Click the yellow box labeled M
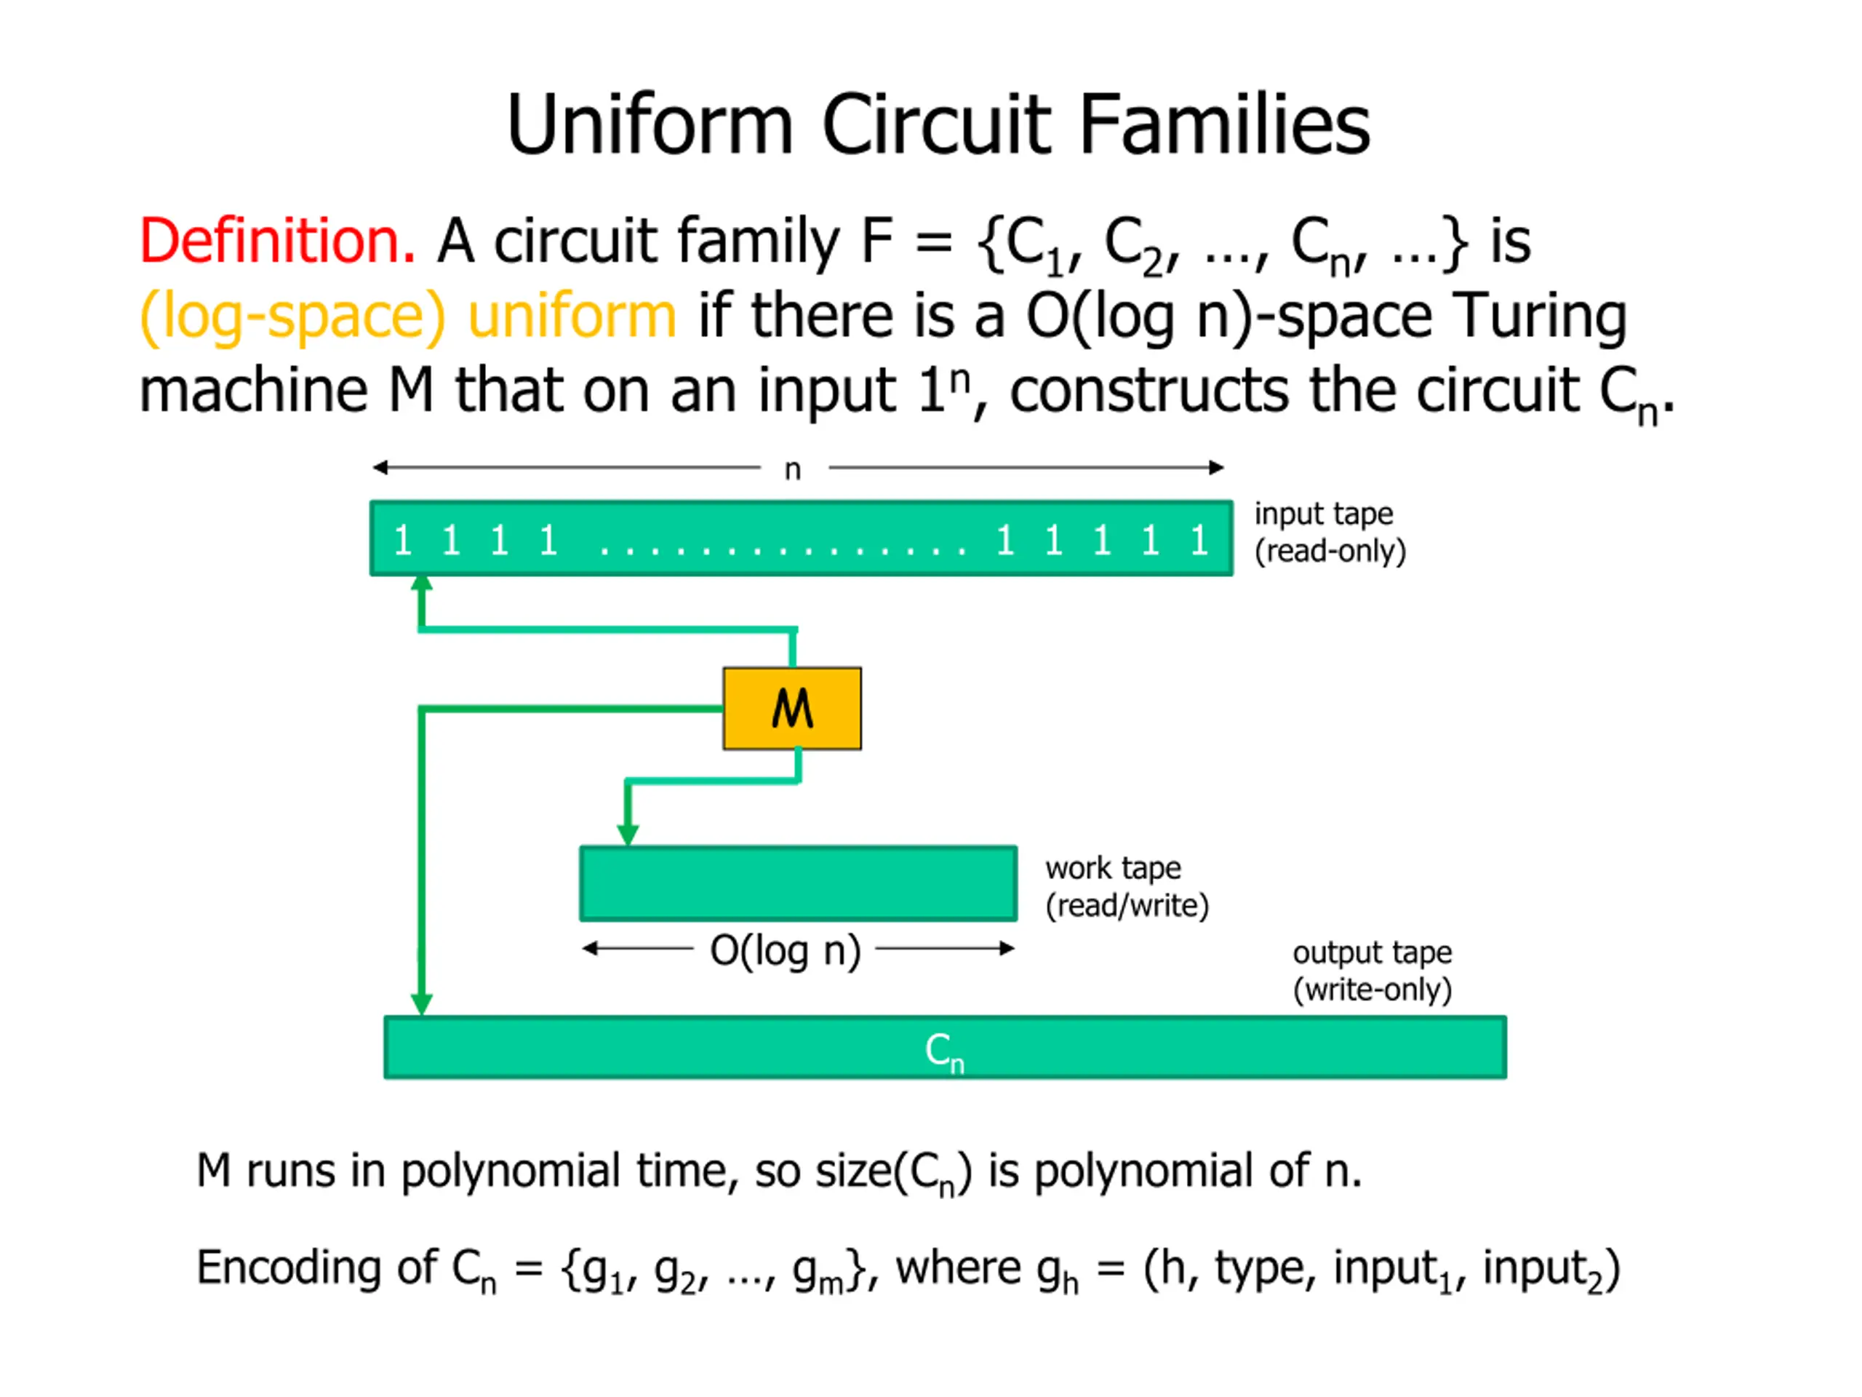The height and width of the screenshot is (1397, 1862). pos(791,708)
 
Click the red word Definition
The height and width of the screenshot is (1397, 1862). pos(276,242)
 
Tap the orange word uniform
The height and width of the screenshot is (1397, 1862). pos(572,317)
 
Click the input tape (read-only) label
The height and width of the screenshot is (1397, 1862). pos(1329,532)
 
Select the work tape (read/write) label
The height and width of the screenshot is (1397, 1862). pos(1126,887)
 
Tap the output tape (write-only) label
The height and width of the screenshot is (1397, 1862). pos(1372,971)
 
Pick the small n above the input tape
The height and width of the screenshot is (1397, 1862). pos(792,469)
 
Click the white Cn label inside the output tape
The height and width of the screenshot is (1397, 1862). pos(943,1051)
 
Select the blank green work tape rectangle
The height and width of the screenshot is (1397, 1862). pos(798,883)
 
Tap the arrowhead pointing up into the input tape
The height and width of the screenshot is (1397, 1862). pos(422,584)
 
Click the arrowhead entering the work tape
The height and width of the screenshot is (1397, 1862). pos(628,835)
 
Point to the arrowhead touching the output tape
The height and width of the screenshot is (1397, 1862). pos(422,1004)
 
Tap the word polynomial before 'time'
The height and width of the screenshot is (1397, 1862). pos(510,1171)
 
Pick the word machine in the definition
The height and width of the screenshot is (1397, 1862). pos(253,391)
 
